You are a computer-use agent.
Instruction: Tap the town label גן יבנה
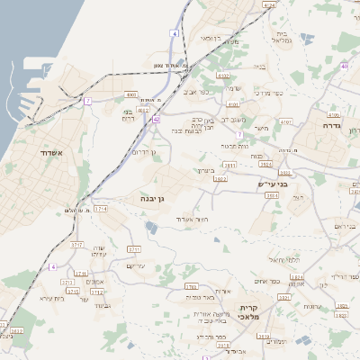(x=151, y=198)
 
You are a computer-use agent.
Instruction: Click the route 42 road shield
(x=157, y=118)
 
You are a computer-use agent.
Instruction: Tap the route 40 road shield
(x=344, y=66)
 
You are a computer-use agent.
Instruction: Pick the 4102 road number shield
(x=223, y=76)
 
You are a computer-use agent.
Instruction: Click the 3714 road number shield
(x=101, y=208)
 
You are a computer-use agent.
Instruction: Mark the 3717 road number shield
(x=76, y=245)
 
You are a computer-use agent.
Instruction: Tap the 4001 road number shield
(x=132, y=94)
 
